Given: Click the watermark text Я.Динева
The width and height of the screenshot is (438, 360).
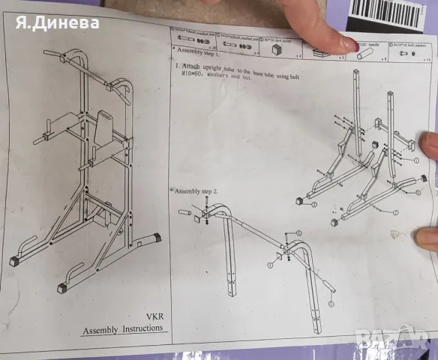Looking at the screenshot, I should pos(57,22).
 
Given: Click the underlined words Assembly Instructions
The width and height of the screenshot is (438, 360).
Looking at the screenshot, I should pos(123,329).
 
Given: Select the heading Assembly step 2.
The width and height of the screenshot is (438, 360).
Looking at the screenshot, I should pos(194,191).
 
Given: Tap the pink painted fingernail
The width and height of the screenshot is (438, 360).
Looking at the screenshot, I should pos(349,46).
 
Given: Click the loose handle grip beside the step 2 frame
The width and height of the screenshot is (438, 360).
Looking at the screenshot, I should pos(186,212).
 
